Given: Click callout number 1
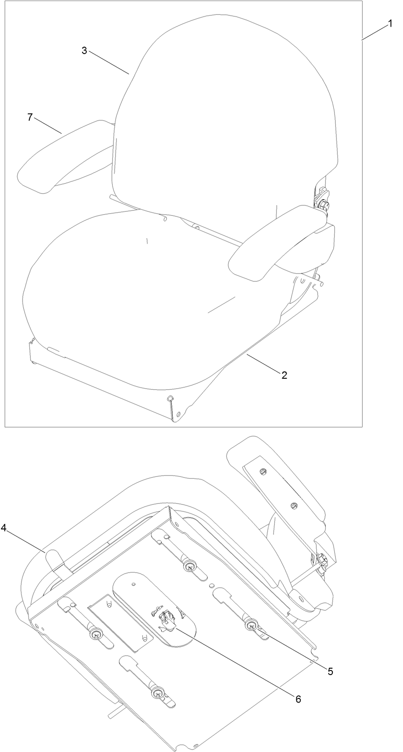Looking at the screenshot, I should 390,23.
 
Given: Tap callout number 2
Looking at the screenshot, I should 284,375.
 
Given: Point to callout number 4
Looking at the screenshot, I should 4,529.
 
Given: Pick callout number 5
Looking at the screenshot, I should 330,671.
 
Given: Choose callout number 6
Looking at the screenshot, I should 298,699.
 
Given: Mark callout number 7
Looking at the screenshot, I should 30,117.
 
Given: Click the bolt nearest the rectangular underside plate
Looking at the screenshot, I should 97,634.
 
